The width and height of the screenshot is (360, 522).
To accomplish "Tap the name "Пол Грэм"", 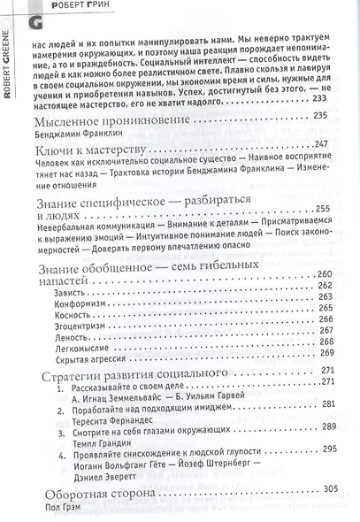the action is click(x=61, y=507).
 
